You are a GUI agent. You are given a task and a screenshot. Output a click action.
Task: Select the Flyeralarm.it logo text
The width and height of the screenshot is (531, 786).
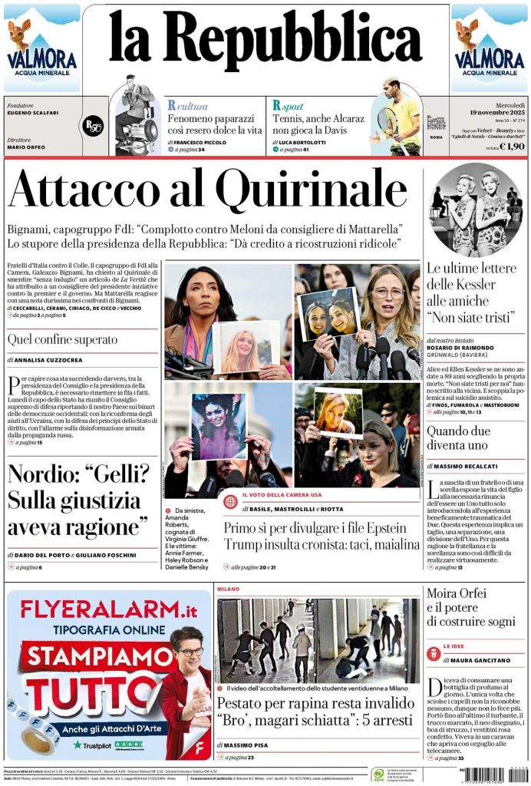pos(108,611)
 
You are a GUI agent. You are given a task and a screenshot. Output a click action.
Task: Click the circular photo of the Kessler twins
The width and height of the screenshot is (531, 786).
pos(475,208)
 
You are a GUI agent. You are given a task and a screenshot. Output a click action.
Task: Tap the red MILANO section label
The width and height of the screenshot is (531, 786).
pos(228,589)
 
